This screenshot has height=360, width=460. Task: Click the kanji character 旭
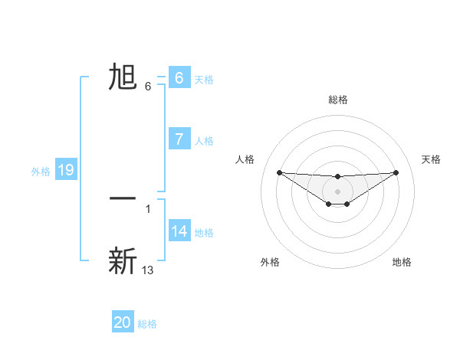click(x=123, y=77)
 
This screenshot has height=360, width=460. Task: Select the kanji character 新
click(x=123, y=261)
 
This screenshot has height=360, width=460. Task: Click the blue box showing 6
click(x=179, y=78)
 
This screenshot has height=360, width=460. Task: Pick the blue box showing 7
click(x=179, y=139)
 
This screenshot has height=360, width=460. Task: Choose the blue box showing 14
click(x=179, y=231)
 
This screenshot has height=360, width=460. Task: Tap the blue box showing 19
click(x=66, y=170)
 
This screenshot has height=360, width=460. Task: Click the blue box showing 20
click(x=123, y=322)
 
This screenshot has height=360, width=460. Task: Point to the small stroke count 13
click(x=148, y=270)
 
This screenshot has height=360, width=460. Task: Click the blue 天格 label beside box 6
click(x=204, y=79)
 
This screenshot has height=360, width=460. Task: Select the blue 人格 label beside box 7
click(x=204, y=140)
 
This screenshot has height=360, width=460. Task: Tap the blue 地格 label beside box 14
click(x=204, y=232)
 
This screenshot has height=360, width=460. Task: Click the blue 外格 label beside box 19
click(x=41, y=172)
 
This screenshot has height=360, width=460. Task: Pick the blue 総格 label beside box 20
click(x=147, y=324)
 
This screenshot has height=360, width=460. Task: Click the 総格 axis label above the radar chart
click(x=337, y=100)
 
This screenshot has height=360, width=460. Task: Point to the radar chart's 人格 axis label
click(x=245, y=159)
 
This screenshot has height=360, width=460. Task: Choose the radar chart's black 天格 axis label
click(x=431, y=159)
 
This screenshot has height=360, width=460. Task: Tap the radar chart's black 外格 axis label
click(x=270, y=262)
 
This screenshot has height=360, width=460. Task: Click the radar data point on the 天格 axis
click(x=396, y=172)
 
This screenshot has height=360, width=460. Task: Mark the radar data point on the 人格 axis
click(x=279, y=172)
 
